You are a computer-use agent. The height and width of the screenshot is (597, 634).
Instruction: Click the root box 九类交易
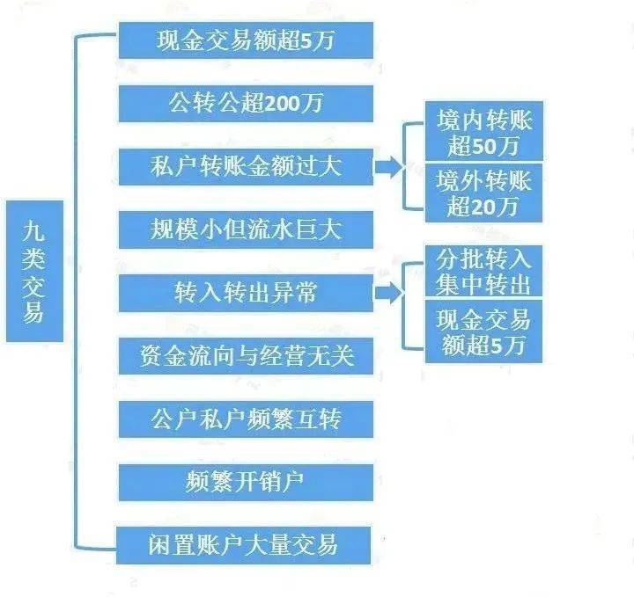tap(33, 271)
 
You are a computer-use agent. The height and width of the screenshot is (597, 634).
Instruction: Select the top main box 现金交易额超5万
tap(246, 40)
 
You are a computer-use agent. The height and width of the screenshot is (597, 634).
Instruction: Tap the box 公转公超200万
tap(246, 104)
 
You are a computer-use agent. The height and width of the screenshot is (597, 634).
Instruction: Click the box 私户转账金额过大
tap(246, 167)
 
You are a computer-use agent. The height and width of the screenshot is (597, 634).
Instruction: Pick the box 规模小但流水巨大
tap(246, 229)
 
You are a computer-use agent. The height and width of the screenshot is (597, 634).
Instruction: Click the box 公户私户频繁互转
tap(246, 419)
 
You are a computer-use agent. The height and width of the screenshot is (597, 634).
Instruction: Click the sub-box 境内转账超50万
tap(483, 132)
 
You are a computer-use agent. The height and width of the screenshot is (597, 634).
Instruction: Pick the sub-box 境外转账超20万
tap(483, 193)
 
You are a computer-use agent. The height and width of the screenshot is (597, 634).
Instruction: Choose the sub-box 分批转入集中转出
tap(483, 272)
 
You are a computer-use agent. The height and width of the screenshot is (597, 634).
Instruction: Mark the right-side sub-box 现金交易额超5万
tap(483, 332)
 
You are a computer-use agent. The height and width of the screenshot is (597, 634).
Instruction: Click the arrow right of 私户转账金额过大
tap(387, 167)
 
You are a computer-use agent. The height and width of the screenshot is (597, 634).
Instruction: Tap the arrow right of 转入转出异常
tap(387, 293)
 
